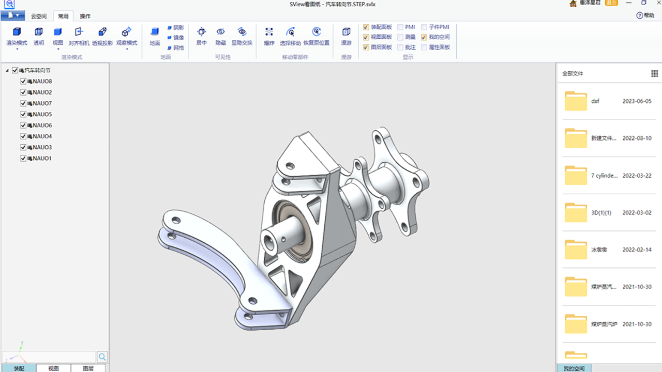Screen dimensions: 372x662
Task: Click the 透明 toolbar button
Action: tap(39, 36)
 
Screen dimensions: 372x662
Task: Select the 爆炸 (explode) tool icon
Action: tap(269, 36)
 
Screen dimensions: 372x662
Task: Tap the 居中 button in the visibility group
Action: tap(201, 36)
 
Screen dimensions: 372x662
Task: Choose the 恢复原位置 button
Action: tap(316, 36)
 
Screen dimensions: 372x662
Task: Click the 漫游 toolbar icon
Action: tap(346, 36)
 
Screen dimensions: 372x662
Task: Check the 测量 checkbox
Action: tap(401, 37)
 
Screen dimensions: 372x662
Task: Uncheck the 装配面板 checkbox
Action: tap(366, 27)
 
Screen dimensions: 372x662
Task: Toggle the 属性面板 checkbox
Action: tap(424, 47)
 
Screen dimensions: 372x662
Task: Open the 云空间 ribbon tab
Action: tap(39, 16)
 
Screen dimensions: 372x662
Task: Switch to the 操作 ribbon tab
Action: tap(85, 16)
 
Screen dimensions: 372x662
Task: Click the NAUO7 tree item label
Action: tap(42, 103)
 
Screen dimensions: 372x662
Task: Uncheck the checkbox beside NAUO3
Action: tap(23, 147)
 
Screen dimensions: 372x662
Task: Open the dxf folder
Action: tap(576, 101)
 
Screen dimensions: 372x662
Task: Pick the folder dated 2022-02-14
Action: tap(576, 250)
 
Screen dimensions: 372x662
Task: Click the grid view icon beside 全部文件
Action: tap(654, 73)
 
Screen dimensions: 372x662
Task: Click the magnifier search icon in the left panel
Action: tap(102, 357)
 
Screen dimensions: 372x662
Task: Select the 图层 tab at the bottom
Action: tap(87, 368)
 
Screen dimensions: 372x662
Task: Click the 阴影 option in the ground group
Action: tap(175, 27)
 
